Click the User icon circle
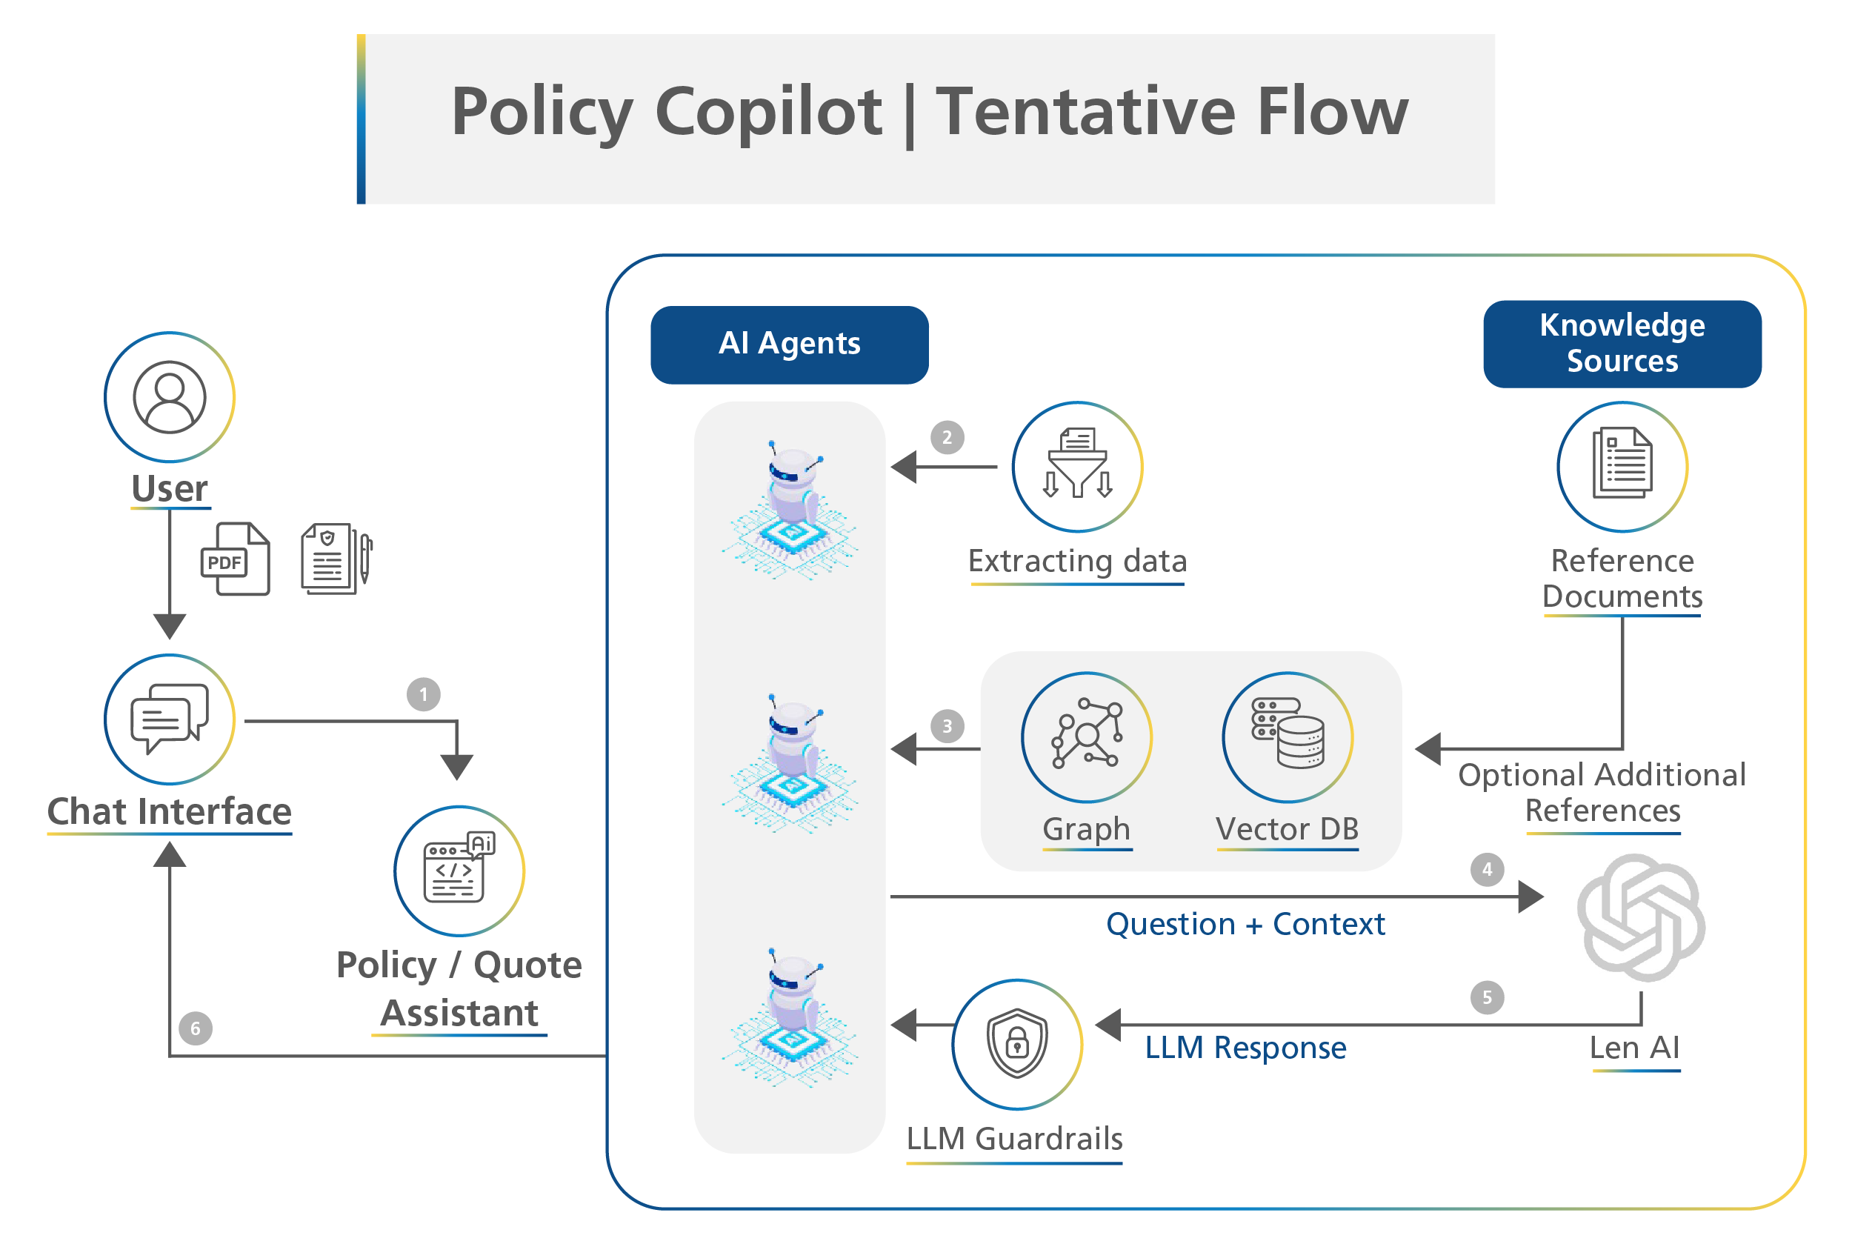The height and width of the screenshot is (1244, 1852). pos(169,396)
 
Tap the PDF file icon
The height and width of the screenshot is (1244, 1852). pos(235,559)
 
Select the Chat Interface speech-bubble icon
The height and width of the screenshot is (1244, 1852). pos(169,719)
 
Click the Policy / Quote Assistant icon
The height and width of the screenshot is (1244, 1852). pos(459,871)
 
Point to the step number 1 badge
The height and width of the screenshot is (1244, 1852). pos(424,694)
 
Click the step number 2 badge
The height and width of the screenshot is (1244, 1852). pos(947,437)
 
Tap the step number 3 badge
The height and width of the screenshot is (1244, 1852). pos(947,726)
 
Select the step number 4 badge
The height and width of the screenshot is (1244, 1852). pos(1487,870)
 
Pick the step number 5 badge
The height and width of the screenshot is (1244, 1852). pos(1487,997)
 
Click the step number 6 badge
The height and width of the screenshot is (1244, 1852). pos(195,1029)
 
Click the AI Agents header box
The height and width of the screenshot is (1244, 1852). pos(789,345)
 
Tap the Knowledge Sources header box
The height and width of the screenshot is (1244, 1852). pos(1622,344)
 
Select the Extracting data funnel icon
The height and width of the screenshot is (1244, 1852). pos(1077,466)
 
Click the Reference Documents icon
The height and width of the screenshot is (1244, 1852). pos(1622,466)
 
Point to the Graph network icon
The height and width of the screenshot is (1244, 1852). pos(1087,737)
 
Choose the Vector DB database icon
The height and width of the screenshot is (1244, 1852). pos(1288,737)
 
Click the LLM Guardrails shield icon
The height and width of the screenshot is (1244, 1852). pos(1017,1044)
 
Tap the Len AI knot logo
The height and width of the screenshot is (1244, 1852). pos(1640,917)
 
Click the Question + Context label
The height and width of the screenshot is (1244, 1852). pos(1245,924)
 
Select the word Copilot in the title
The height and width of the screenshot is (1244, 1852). pos(767,112)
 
